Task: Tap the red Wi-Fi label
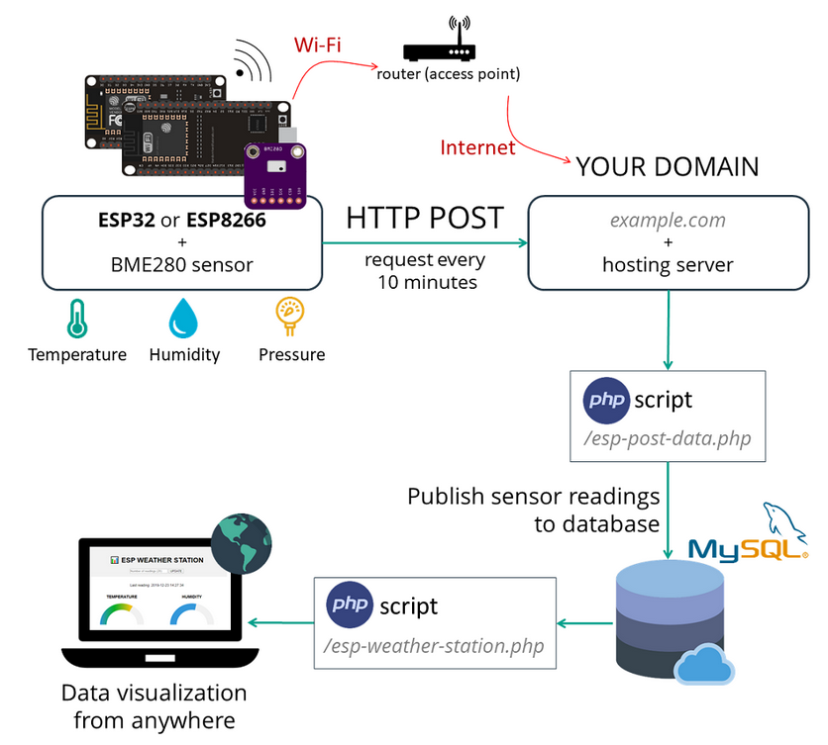coord(318,46)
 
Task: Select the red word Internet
coord(477,147)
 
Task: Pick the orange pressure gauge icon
coord(290,316)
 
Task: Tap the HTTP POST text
coord(425,218)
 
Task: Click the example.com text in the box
coord(667,219)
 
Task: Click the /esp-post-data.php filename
coord(668,438)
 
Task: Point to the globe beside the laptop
coord(241,544)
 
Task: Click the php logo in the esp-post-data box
coord(605,400)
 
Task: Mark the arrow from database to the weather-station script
coord(584,623)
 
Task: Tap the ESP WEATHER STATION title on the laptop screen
coord(161,559)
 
